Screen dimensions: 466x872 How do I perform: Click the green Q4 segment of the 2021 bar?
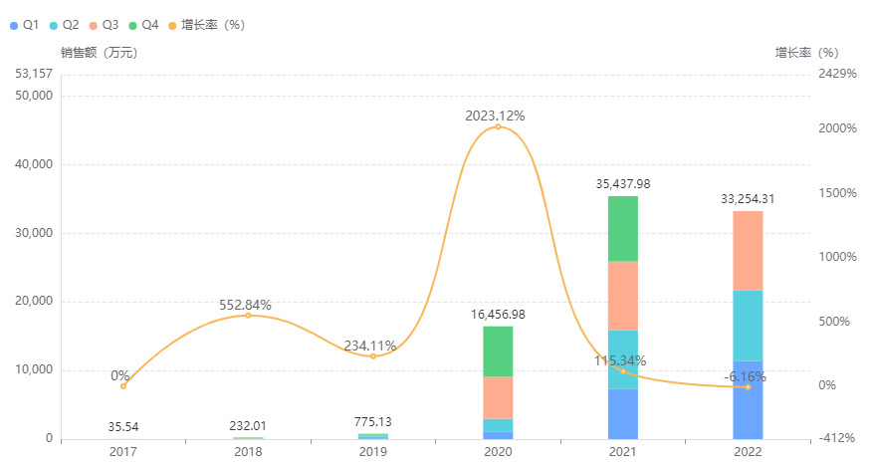(x=623, y=228)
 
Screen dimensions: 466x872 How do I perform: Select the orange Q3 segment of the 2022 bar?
(x=748, y=250)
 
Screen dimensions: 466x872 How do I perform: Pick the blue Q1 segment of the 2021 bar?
(x=623, y=413)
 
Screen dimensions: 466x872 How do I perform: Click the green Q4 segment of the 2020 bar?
(x=498, y=351)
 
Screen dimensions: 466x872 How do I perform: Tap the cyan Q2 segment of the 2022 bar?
(x=748, y=325)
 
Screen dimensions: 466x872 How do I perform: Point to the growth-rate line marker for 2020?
(x=498, y=126)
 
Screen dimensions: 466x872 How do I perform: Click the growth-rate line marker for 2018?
(x=248, y=315)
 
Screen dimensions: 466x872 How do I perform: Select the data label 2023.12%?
(x=495, y=116)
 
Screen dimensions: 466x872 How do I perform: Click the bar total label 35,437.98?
(x=623, y=183)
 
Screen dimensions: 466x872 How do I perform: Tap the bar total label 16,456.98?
(x=498, y=314)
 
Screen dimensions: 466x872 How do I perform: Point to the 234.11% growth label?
(x=370, y=346)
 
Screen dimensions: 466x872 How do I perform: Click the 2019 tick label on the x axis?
(x=372, y=452)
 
